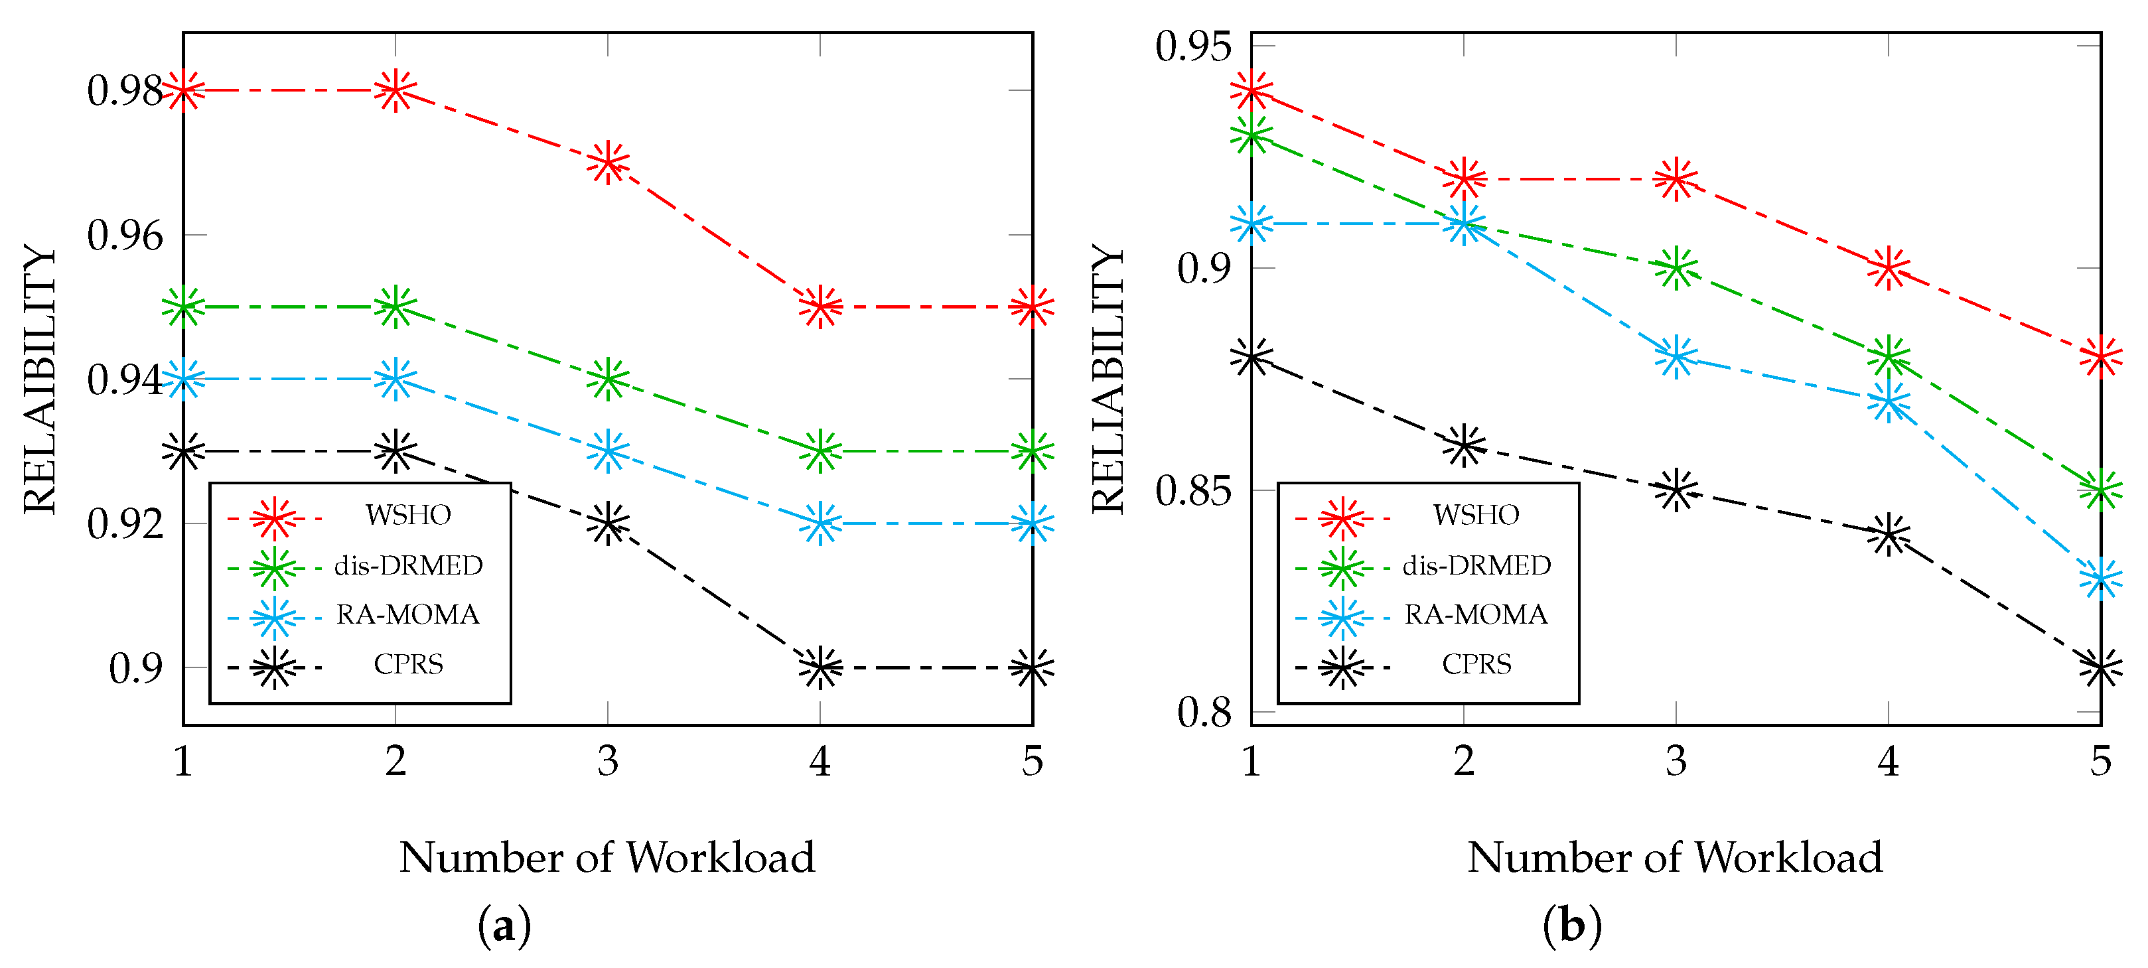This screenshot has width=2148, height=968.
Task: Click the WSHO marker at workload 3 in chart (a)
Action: [608, 163]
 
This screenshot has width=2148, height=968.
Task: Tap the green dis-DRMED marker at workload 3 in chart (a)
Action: [608, 380]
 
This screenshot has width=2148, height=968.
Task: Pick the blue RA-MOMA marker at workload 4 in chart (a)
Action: [820, 523]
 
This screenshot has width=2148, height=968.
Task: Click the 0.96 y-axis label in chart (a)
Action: [125, 236]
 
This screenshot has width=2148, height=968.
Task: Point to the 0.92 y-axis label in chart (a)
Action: [125, 524]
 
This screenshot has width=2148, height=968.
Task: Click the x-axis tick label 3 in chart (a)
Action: [608, 761]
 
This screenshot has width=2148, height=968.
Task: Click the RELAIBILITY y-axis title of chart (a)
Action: [39, 380]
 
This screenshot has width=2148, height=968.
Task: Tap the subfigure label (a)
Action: [504, 926]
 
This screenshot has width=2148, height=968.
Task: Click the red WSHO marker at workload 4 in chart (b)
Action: [1889, 269]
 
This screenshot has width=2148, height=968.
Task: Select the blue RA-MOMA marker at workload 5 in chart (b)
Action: [2100, 579]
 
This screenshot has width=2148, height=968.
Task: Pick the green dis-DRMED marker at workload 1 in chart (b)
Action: [1252, 135]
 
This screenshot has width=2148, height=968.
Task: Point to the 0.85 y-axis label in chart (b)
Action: [1193, 490]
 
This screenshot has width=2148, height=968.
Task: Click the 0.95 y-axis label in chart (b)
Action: [1193, 46]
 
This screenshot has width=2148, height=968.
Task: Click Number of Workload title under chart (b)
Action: [1676, 858]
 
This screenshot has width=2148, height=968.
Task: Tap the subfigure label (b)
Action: [1572, 926]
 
